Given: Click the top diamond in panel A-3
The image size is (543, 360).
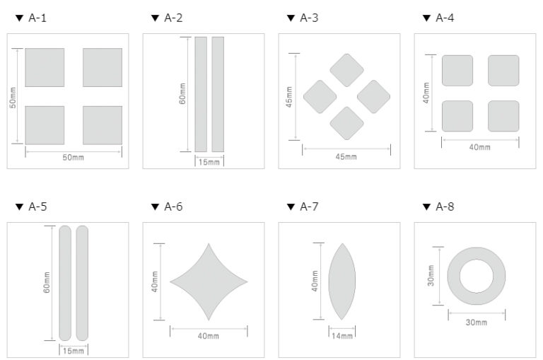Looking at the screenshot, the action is coord(346,70).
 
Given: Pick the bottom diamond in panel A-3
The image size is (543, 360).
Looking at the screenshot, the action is coord(346,123).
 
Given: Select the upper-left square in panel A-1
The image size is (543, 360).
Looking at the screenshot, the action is coord(45,68).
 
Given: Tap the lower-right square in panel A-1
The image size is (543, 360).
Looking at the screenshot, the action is coord(103,125).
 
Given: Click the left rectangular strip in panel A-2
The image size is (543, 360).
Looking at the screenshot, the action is coord(201,94).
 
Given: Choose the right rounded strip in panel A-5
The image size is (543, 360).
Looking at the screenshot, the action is coord(82,283).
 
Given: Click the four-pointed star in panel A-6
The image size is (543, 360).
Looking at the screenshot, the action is coord(209,281).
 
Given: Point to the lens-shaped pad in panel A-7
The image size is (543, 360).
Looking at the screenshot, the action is coord(341,281).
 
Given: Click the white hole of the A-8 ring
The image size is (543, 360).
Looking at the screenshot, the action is coord(477,276).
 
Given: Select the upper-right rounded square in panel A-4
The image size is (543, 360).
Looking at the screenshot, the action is coord(503,71).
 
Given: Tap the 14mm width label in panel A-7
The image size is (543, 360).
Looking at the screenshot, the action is coord(342,336).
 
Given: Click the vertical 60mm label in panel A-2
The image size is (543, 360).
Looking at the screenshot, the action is coord(182,93).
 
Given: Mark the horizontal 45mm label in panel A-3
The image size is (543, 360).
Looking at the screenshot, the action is coord(346,156).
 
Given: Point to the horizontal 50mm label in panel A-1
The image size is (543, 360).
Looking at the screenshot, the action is coord(73,157).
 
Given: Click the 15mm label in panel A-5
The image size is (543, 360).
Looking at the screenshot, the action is coord(74,351).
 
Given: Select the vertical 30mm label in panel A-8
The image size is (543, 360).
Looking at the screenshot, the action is coord(431,276).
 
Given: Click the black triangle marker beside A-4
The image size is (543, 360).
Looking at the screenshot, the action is coord(426,18).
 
